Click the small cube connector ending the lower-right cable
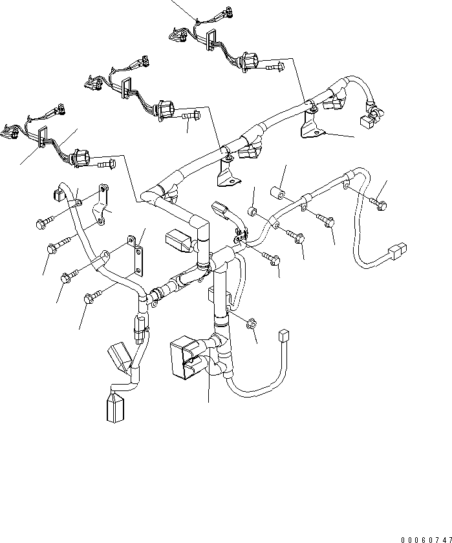(282, 335)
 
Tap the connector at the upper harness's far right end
(367, 118)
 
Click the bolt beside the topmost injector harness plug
(274, 65)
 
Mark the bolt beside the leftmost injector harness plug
(105, 164)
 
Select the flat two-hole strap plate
(138, 257)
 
